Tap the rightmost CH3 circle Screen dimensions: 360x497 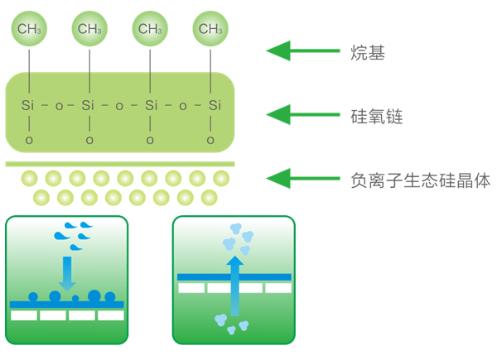(210, 29)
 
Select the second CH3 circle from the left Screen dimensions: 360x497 (89, 29)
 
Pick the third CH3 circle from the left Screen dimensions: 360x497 (150, 29)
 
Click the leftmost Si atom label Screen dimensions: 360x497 (28, 105)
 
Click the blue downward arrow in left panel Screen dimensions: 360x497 (67, 274)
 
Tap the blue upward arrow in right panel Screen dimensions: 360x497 (235, 286)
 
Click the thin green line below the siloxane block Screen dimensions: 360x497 (120, 164)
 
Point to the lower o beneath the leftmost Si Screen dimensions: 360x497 (29, 140)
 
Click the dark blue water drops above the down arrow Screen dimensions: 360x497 (73, 236)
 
